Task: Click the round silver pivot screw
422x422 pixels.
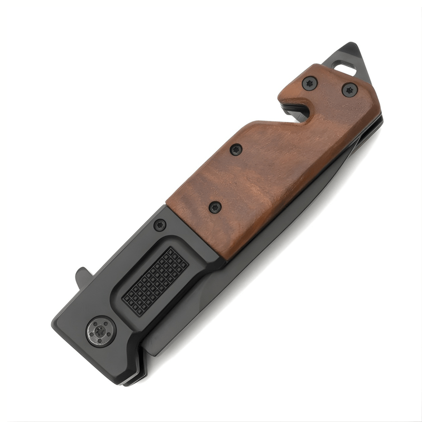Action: pyautogui.click(x=101, y=331)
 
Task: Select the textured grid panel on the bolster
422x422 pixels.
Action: pyautogui.click(x=155, y=281)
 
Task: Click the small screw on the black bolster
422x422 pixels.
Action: pyautogui.click(x=160, y=225)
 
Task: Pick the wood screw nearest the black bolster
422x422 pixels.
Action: pyautogui.click(x=215, y=207)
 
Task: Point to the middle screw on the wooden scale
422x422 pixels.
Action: pyautogui.click(x=236, y=150)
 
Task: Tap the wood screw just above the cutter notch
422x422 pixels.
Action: pyautogui.click(x=310, y=83)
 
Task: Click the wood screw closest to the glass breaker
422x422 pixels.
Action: pyautogui.click(x=349, y=90)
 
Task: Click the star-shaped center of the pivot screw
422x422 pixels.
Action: pyautogui.click(x=101, y=331)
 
